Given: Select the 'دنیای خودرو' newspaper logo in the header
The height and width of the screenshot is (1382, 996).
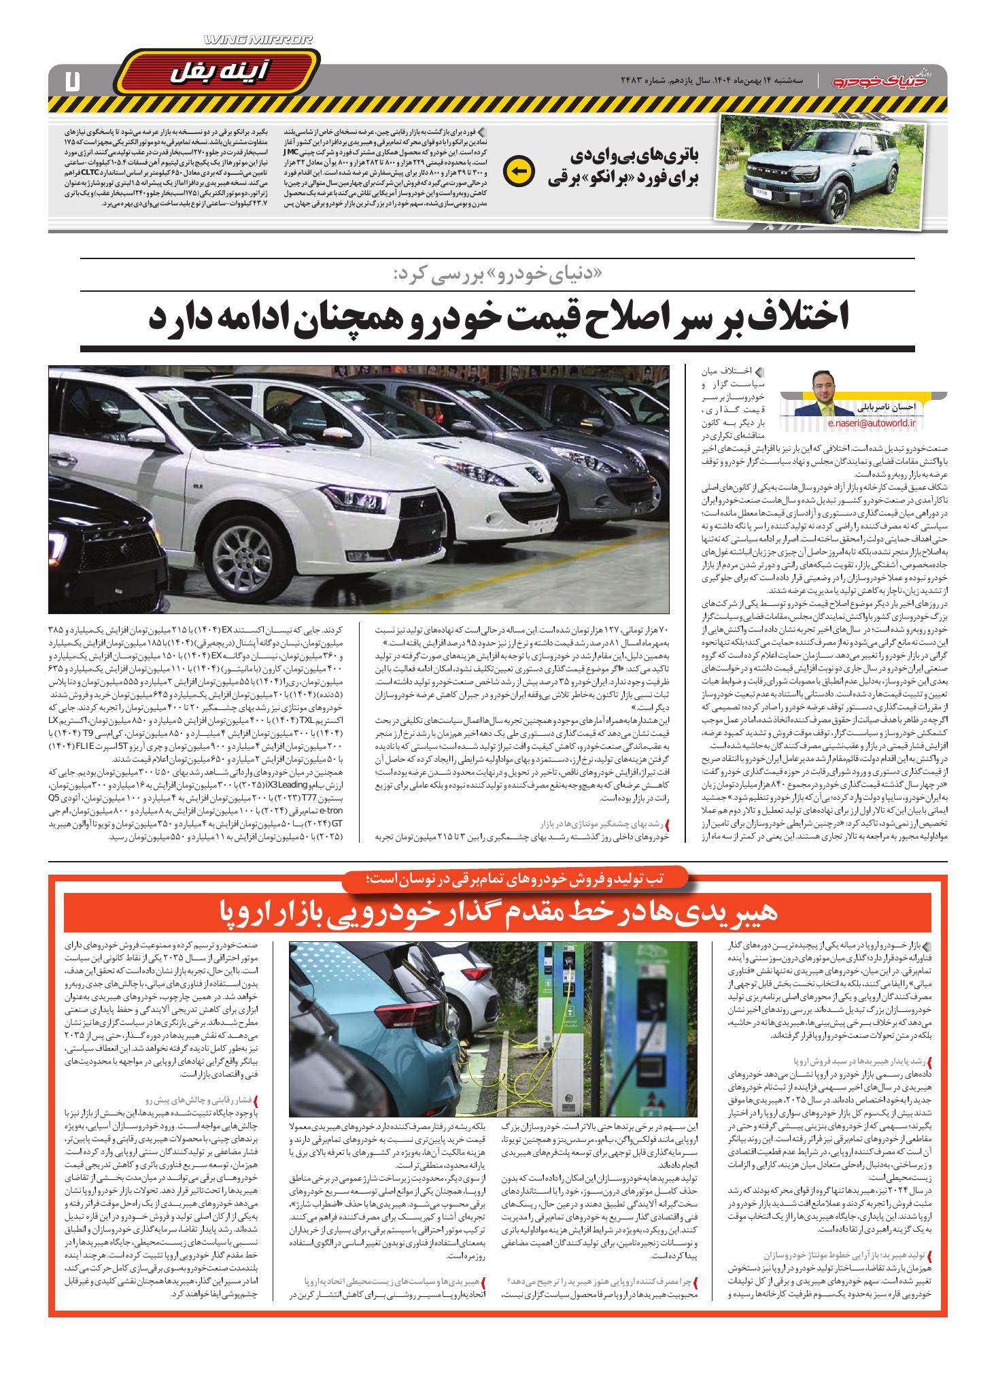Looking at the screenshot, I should [886, 80].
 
